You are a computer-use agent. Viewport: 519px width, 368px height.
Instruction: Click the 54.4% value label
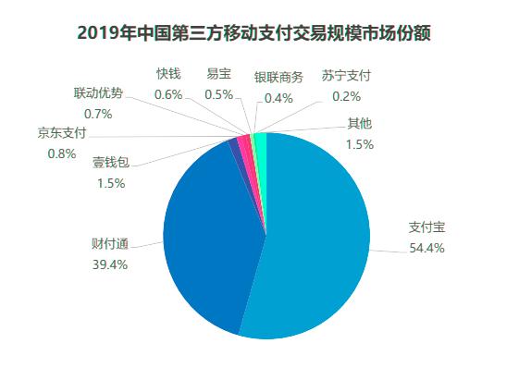pos(426,247)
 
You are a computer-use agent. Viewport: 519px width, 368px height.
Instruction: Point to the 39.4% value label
pos(109,264)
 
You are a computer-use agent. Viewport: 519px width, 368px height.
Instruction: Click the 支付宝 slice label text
pos(426,227)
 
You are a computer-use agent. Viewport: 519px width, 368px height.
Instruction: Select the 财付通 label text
pos(109,245)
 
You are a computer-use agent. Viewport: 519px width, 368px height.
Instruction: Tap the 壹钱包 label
pos(111,163)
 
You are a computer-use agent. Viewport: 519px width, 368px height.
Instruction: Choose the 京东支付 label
pos(62,132)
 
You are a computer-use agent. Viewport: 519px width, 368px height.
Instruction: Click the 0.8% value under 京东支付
pos(62,153)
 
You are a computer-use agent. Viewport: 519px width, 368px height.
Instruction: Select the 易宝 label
pos(219,74)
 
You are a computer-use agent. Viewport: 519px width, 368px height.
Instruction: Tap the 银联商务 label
pos(278,77)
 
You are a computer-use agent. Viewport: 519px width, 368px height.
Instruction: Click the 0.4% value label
pos(278,97)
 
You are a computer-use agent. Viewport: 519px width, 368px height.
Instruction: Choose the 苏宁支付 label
pos(347,76)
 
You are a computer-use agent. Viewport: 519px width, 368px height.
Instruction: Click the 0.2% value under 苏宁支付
pos(347,96)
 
